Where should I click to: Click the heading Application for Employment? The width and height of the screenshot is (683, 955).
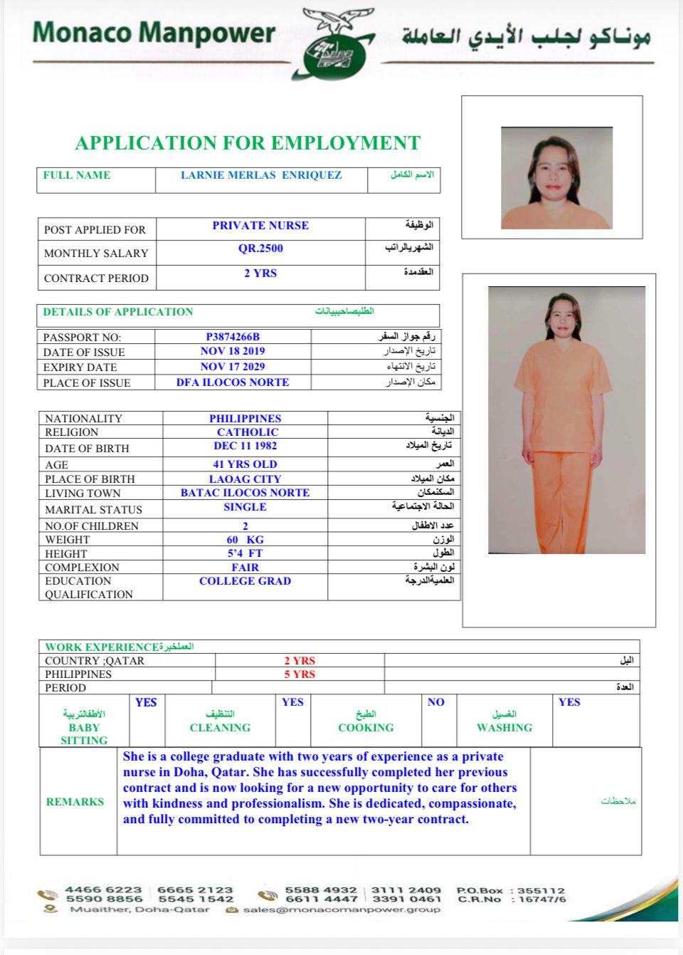point(248,143)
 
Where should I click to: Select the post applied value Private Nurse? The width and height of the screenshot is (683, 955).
point(260,226)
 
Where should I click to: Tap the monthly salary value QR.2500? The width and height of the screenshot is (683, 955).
point(260,249)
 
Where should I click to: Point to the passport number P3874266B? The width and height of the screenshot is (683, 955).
point(233,337)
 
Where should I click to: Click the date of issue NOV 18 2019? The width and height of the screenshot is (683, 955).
point(233,351)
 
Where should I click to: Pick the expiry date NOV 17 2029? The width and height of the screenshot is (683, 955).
point(233,367)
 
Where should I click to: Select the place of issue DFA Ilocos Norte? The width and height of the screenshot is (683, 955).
point(233,382)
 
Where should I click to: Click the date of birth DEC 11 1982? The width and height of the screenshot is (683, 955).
point(245,446)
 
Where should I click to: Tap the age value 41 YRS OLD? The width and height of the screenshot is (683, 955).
point(245,464)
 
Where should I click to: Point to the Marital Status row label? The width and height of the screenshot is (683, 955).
point(93,510)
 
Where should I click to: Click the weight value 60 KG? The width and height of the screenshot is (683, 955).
point(245,540)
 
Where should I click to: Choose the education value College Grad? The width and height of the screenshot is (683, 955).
point(245,581)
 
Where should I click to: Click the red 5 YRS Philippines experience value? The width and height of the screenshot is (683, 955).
point(300,674)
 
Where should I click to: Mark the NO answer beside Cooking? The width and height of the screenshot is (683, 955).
point(436,702)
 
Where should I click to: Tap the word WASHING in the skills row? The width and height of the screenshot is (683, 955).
point(504,728)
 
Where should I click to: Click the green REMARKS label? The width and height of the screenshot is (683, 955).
point(75,802)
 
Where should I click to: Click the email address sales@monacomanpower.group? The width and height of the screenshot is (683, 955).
point(341,909)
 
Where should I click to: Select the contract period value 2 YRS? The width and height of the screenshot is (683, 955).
point(260,273)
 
